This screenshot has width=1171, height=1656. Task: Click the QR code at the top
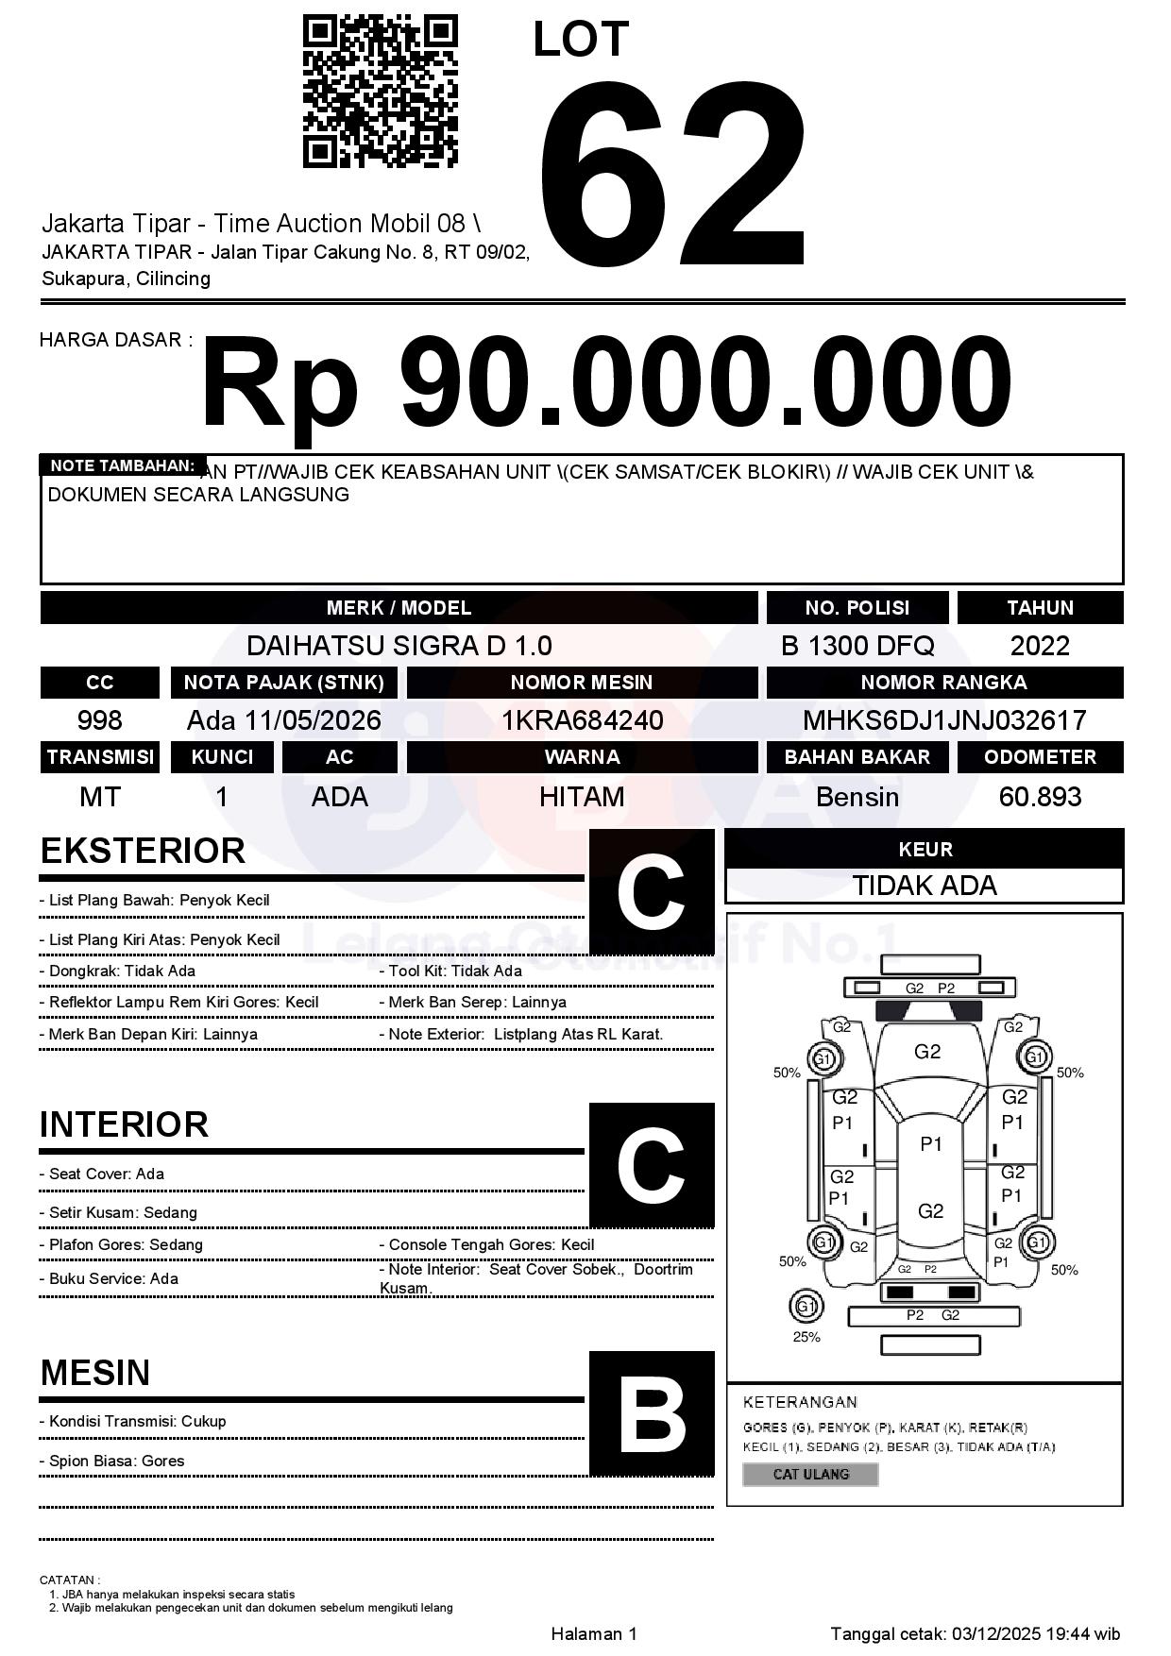click(380, 92)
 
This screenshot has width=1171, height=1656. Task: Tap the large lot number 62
click(672, 175)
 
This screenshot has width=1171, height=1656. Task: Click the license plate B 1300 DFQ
click(857, 646)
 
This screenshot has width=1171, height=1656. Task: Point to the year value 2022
click(1040, 646)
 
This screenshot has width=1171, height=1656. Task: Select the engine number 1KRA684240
click(582, 720)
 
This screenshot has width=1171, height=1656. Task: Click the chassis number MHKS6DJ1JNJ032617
click(944, 720)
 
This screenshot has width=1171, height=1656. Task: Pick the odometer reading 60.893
click(1040, 797)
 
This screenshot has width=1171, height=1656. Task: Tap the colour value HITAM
click(582, 797)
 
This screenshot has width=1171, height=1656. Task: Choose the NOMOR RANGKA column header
click(944, 682)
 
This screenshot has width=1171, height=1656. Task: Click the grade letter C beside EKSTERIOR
click(652, 891)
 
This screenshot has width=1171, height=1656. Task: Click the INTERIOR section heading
click(124, 1124)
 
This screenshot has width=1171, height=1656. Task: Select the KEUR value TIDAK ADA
click(925, 886)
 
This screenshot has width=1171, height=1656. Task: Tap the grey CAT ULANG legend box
click(810, 1474)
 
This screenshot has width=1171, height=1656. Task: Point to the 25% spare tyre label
click(806, 1337)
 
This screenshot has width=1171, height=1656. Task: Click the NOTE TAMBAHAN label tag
click(122, 465)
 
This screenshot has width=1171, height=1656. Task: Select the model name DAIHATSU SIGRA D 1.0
click(399, 646)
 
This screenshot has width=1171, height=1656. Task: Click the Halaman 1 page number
click(594, 1633)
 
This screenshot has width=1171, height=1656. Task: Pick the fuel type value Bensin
click(857, 797)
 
